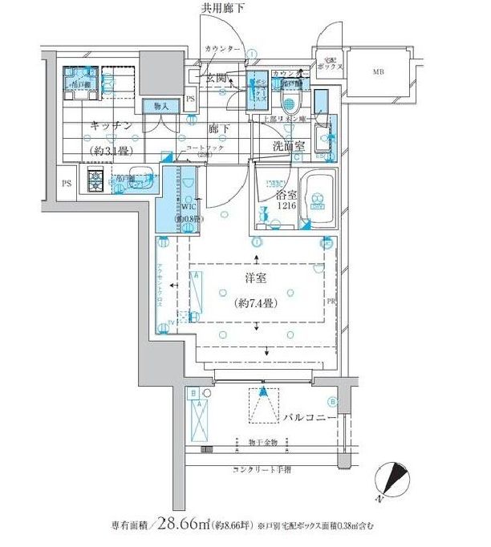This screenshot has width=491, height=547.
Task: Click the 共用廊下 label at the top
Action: tap(221, 8)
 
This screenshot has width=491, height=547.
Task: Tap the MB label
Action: tap(377, 72)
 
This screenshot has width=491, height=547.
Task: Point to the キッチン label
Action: tap(112, 125)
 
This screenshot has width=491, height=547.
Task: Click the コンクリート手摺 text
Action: tap(262, 469)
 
